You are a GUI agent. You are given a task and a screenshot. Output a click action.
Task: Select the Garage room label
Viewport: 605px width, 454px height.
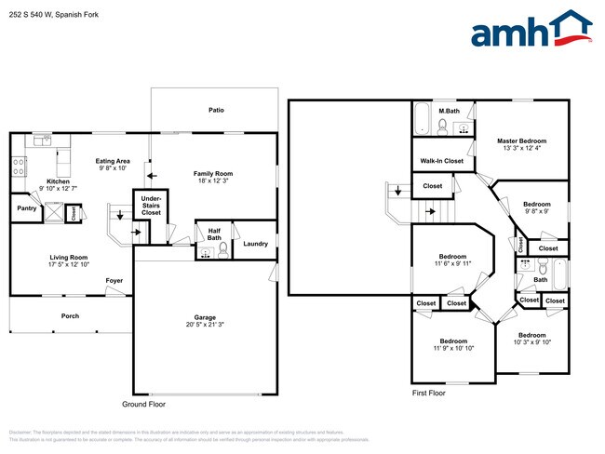[205, 316]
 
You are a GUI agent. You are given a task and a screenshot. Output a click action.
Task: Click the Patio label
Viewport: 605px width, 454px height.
[215, 110]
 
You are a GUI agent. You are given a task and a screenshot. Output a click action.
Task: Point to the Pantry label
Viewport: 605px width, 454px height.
[25, 208]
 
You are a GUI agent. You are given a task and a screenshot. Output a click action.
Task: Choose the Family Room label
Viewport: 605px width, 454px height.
[213, 173]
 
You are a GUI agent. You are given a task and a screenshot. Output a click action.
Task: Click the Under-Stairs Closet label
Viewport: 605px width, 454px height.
[150, 206]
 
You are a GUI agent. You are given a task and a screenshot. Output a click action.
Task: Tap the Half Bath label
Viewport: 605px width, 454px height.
[213, 233]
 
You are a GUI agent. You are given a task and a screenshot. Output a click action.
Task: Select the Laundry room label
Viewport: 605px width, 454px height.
[255, 244]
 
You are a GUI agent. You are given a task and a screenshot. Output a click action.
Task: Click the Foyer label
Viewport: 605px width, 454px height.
[114, 279]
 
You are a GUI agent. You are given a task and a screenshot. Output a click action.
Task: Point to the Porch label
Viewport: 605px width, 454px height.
[70, 316]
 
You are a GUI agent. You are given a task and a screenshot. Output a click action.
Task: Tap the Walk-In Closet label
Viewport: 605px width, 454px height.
[442, 161]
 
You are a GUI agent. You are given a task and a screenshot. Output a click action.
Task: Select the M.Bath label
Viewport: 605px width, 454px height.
[450, 112]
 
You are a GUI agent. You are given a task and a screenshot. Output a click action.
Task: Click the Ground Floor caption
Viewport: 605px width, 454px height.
[144, 405]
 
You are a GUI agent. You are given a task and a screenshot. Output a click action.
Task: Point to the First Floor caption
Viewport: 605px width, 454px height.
[429, 394]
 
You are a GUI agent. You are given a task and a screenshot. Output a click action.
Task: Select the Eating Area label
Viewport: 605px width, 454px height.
[113, 161]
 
